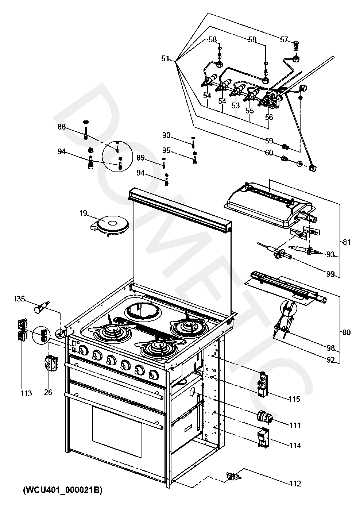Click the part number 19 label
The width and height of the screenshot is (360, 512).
84,213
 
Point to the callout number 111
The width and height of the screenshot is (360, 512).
295,425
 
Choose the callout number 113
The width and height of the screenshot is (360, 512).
26,393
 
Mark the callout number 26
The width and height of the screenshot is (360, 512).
48,392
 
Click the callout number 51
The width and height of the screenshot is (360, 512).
165,59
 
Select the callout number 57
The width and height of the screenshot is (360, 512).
284,40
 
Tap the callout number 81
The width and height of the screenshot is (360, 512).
347,242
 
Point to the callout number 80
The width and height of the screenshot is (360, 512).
347,332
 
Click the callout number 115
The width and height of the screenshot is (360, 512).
294,399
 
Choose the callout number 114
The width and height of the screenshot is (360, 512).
295,445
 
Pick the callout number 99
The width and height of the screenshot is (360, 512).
330,274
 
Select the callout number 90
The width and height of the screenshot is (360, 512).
166,135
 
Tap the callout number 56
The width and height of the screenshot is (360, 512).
269,117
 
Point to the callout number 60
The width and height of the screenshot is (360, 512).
269,153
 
